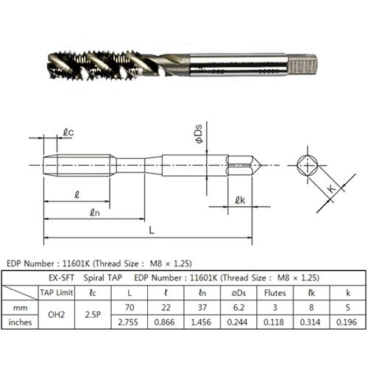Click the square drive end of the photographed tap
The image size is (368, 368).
[302, 65]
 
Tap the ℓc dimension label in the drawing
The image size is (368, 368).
[68, 132]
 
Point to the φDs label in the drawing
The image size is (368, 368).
[199, 134]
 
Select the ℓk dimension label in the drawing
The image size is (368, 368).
[240, 200]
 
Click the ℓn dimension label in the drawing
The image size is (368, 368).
[95, 212]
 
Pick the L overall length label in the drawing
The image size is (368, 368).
[152, 230]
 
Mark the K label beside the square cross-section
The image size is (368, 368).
[331, 188]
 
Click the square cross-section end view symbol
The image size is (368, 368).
[308, 166]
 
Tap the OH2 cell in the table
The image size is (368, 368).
[56, 314]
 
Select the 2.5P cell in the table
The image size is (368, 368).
[93, 314]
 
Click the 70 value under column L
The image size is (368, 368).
[130, 307]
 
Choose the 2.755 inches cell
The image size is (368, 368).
[128, 322]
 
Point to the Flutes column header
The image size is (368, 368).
[275, 293]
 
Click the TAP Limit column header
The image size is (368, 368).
[57, 292]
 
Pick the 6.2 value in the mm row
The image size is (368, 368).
[238, 307]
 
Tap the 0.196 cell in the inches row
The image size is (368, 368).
[347, 322]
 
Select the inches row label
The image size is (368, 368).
[20, 322]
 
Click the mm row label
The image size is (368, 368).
[20, 308]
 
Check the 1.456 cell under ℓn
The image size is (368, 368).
[201, 322]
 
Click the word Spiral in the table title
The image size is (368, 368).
[92, 277]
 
